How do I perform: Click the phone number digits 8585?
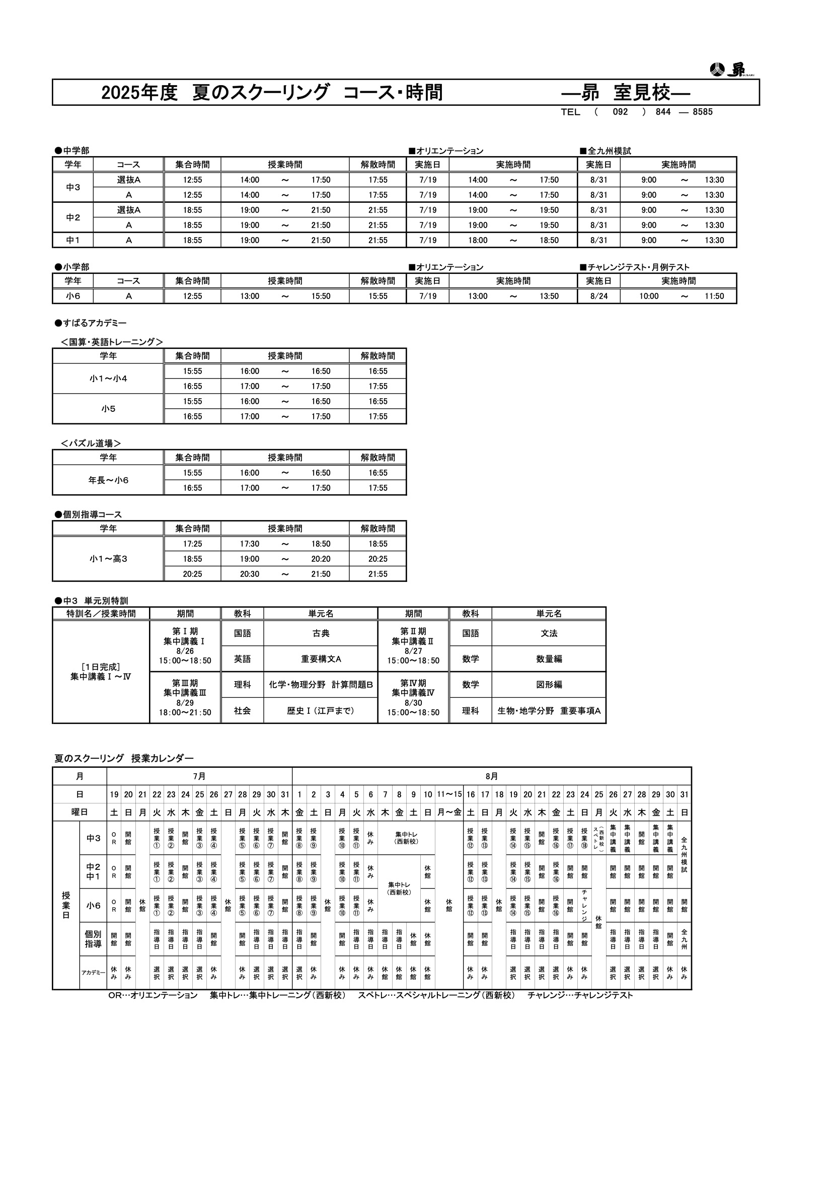702,112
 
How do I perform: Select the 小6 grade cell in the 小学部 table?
73,297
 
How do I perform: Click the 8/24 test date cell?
599,297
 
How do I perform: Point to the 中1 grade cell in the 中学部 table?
73,240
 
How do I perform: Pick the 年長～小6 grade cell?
108,480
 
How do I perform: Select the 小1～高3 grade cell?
108,559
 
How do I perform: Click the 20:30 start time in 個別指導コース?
250,574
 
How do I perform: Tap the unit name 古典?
321,634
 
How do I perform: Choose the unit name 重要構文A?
321,659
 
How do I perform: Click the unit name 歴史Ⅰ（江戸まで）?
321,711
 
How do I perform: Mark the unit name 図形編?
549,685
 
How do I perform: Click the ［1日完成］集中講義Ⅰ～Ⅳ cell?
101,672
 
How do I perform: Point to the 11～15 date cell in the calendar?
449,794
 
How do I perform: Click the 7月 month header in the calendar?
199,776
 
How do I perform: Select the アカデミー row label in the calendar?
93,973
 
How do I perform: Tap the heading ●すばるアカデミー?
91,323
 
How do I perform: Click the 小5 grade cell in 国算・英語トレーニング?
108,409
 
